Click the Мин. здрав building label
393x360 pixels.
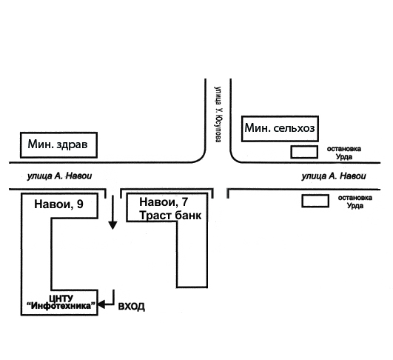point(58,144)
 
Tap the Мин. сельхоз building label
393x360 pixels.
point(280,128)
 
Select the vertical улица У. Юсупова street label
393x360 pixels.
point(218,114)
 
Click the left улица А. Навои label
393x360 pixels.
point(59,176)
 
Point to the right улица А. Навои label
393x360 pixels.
point(334,176)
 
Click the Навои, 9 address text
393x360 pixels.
point(58,204)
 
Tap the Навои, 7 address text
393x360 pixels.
point(164,202)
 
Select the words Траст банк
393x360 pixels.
point(170,216)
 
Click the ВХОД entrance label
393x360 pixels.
point(131,307)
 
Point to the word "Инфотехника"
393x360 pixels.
point(61,306)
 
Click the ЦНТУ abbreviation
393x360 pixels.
point(61,299)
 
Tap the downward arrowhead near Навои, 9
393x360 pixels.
point(112,225)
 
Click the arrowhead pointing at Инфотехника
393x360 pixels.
point(101,304)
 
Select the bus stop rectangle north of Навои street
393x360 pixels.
point(304,152)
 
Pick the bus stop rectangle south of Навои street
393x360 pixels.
point(315,201)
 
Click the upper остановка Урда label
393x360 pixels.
point(344,153)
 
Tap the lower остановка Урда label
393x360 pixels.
point(355,201)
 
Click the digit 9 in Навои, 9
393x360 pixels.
point(80,204)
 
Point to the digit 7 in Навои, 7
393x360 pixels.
point(185,202)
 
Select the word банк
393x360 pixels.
point(187,216)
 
